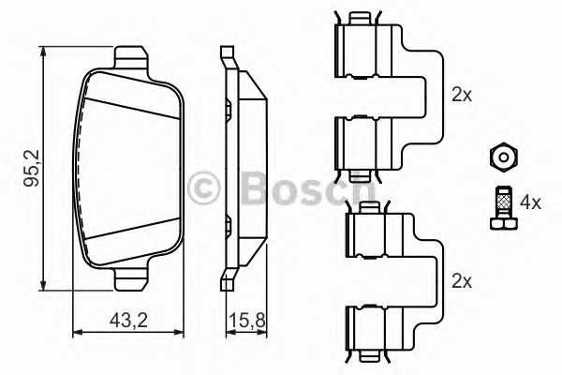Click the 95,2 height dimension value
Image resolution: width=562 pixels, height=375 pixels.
click(31, 169)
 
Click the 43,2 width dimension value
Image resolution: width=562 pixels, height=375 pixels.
click(128, 320)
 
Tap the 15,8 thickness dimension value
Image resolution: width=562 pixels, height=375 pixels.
click(247, 320)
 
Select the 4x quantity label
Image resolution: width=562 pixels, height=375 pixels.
click(530, 202)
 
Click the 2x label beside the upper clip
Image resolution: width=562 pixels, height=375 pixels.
click(462, 95)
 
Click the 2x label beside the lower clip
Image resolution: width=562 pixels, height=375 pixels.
click(462, 281)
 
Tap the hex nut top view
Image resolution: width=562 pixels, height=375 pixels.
click(504, 157)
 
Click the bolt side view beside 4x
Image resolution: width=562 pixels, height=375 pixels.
click(504, 208)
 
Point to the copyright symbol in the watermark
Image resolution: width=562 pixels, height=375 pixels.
click(204, 188)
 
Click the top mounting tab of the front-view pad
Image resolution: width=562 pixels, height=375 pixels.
click(130, 57)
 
